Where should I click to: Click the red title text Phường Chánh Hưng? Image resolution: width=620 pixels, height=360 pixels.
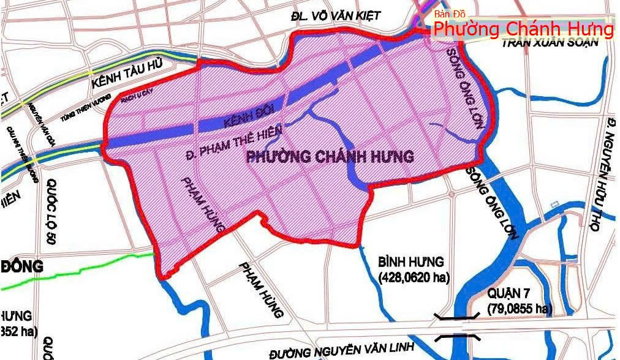[523, 29]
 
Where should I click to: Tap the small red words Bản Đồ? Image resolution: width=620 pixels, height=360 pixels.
[450, 14]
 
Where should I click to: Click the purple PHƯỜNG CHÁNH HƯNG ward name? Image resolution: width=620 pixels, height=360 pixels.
[330, 156]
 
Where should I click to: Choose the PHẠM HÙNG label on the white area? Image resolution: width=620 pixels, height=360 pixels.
[262, 290]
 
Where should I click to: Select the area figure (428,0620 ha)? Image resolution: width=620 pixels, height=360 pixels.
[414, 278]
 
